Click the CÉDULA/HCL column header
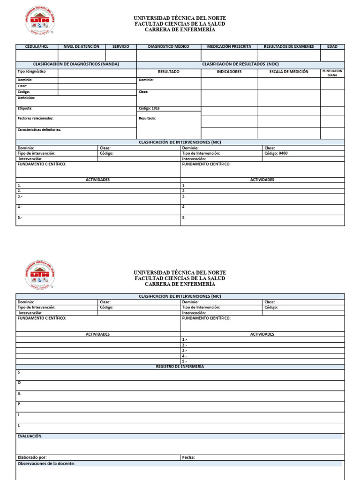(37, 47)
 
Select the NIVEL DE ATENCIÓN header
(82, 47)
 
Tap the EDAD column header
(332, 47)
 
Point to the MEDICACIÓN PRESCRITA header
(229, 47)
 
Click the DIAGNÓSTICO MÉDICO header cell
(169, 47)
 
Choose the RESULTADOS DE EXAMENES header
(289, 47)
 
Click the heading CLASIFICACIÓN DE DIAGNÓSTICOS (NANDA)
(76, 64)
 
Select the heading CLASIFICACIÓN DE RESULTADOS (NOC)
(240, 64)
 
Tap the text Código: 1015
(149, 108)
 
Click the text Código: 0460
(276, 153)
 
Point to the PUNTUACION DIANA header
(332, 73)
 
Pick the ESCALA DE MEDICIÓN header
(289, 72)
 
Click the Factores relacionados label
(36, 118)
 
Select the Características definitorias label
(39, 129)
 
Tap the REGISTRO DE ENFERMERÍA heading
(180, 366)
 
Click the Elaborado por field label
(32, 457)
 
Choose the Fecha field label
(188, 457)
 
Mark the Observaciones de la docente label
(46, 464)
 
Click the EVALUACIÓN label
(30, 436)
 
